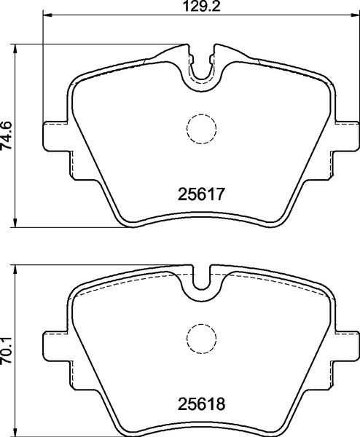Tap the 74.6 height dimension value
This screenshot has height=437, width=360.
(8, 135)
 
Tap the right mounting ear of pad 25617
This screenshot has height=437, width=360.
(347, 135)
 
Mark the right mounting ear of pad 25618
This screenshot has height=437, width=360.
(347, 343)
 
